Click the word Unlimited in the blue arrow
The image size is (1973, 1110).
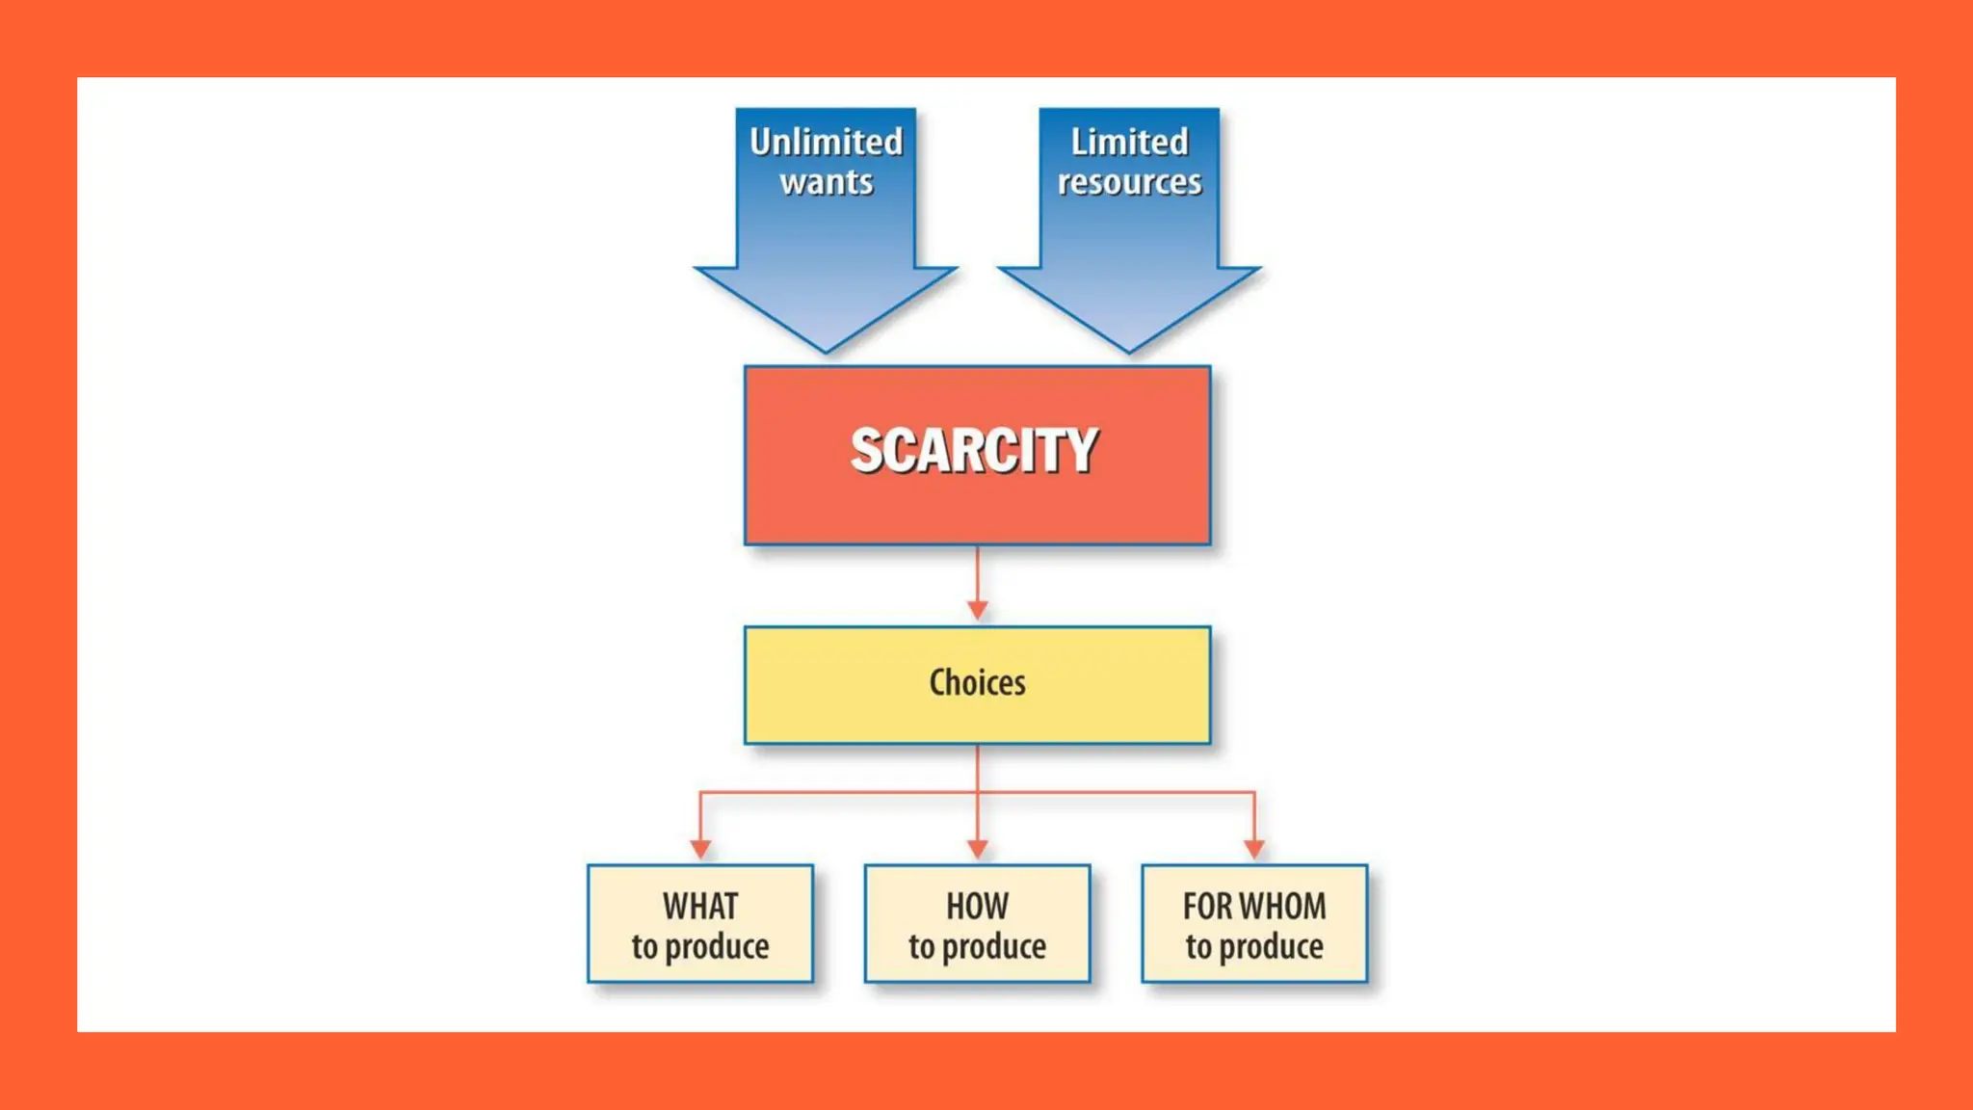[826, 142]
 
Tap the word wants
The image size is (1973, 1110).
[827, 182]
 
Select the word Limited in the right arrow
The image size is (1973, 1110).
[1129, 142]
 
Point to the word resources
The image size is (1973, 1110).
[1129, 182]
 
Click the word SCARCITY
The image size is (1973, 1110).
[974, 450]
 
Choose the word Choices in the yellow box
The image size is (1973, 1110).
[977, 682]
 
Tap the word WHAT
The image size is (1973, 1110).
[700, 906]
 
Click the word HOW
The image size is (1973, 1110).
[977, 906]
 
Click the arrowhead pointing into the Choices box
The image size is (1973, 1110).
[977, 610]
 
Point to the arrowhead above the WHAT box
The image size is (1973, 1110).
[700, 849]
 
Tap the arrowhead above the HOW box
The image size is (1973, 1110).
[977, 849]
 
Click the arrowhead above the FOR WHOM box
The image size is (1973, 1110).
[1253, 849]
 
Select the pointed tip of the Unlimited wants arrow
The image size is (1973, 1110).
[826, 349]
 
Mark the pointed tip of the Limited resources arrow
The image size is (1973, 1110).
[1129, 349]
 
